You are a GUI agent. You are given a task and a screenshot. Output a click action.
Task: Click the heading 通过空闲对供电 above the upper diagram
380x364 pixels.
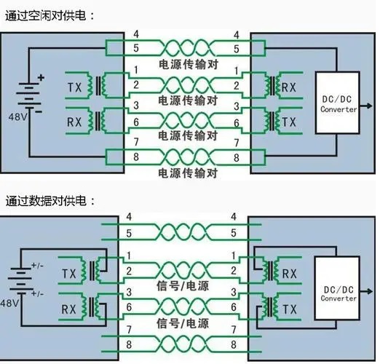(50, 15)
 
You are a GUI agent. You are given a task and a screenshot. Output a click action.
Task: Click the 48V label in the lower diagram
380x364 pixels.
(12, 302)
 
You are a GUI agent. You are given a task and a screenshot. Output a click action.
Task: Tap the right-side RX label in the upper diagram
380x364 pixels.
(289, 87)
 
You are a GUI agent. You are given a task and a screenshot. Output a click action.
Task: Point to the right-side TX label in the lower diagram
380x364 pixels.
(289, 309)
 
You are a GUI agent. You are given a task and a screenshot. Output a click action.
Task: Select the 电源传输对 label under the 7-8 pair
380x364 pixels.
(189, 173)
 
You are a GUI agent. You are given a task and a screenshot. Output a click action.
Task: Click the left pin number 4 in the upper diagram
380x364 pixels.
(136, 34)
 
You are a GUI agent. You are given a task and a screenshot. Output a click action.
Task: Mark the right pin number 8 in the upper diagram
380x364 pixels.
(235, 157)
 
